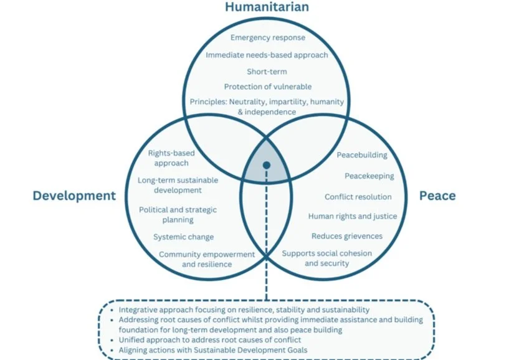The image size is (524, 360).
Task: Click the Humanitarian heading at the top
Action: coord(267,7)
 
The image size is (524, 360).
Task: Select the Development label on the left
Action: coord(74,196)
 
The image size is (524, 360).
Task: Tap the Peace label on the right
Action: coord(437,196)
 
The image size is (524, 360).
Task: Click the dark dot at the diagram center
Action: coord(267,165)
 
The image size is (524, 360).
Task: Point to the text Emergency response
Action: coord(267,38)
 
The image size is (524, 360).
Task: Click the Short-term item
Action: coord(267,72)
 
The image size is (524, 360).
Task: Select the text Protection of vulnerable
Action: coord(267,87)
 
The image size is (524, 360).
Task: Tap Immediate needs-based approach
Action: coord(267,55)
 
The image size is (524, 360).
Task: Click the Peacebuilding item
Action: coord(361,154)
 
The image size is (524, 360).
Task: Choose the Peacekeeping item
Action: coord(369,176)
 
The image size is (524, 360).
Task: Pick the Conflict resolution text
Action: coord(358,197)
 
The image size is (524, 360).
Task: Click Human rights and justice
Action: coord(352,216)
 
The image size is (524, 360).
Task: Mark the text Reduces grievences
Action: coord(346,236)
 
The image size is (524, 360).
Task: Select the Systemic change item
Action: coord(183,237)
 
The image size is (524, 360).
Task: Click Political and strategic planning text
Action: coord(178,215)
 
